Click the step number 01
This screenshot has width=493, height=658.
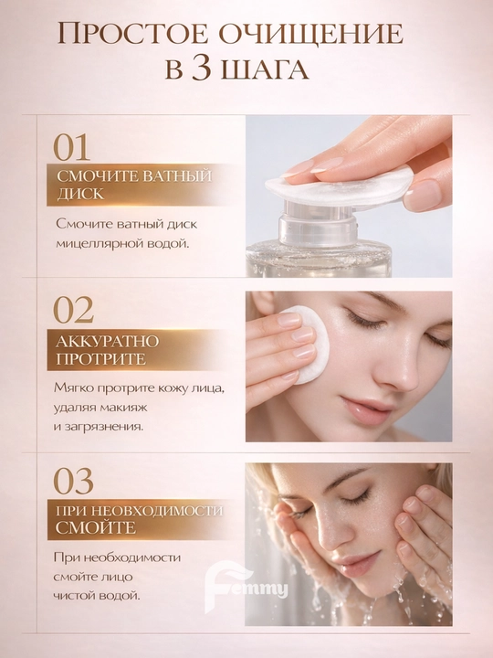coord(72,147)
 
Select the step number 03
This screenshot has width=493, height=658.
coord(73,481)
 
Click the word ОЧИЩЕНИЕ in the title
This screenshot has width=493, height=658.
coord(311,35)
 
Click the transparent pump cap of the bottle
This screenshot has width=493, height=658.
coord(319,221)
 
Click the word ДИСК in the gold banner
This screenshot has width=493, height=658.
coord(80,194)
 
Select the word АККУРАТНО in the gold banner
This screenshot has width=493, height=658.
coord(108,342)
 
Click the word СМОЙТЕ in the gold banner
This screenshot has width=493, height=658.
coord(96,527)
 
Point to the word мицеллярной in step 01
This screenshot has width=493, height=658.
coord(99,243)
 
